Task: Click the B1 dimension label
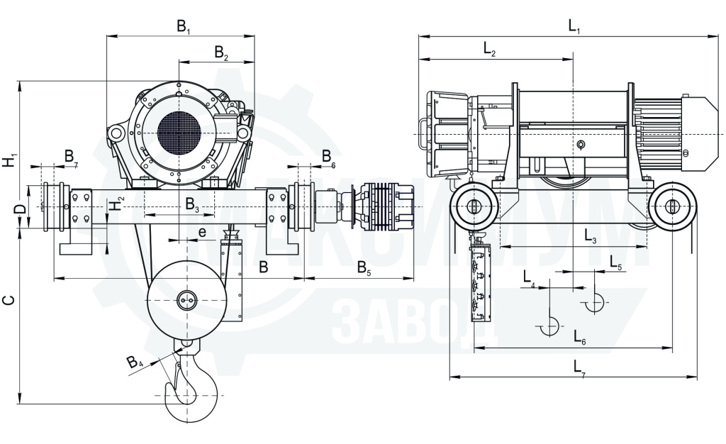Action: click(184, 26)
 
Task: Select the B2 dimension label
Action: click(221, 52)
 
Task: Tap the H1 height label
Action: click(10, 160)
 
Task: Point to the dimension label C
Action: click(9, 300)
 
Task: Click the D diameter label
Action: click(20, 209)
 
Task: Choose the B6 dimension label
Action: click(328, 157)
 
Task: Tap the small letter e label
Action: click(202, 231)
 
